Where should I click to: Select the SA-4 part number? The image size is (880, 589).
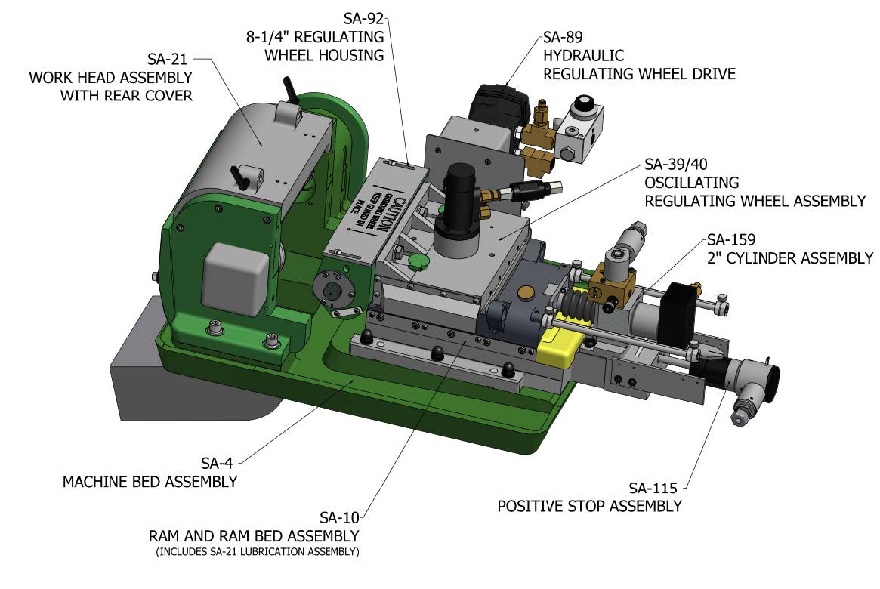click(220, 462)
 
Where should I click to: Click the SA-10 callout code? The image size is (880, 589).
click(339, 518)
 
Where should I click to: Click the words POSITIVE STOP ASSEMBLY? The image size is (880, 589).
click(589, 506)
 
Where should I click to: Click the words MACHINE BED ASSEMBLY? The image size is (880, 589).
click(150, 481)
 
